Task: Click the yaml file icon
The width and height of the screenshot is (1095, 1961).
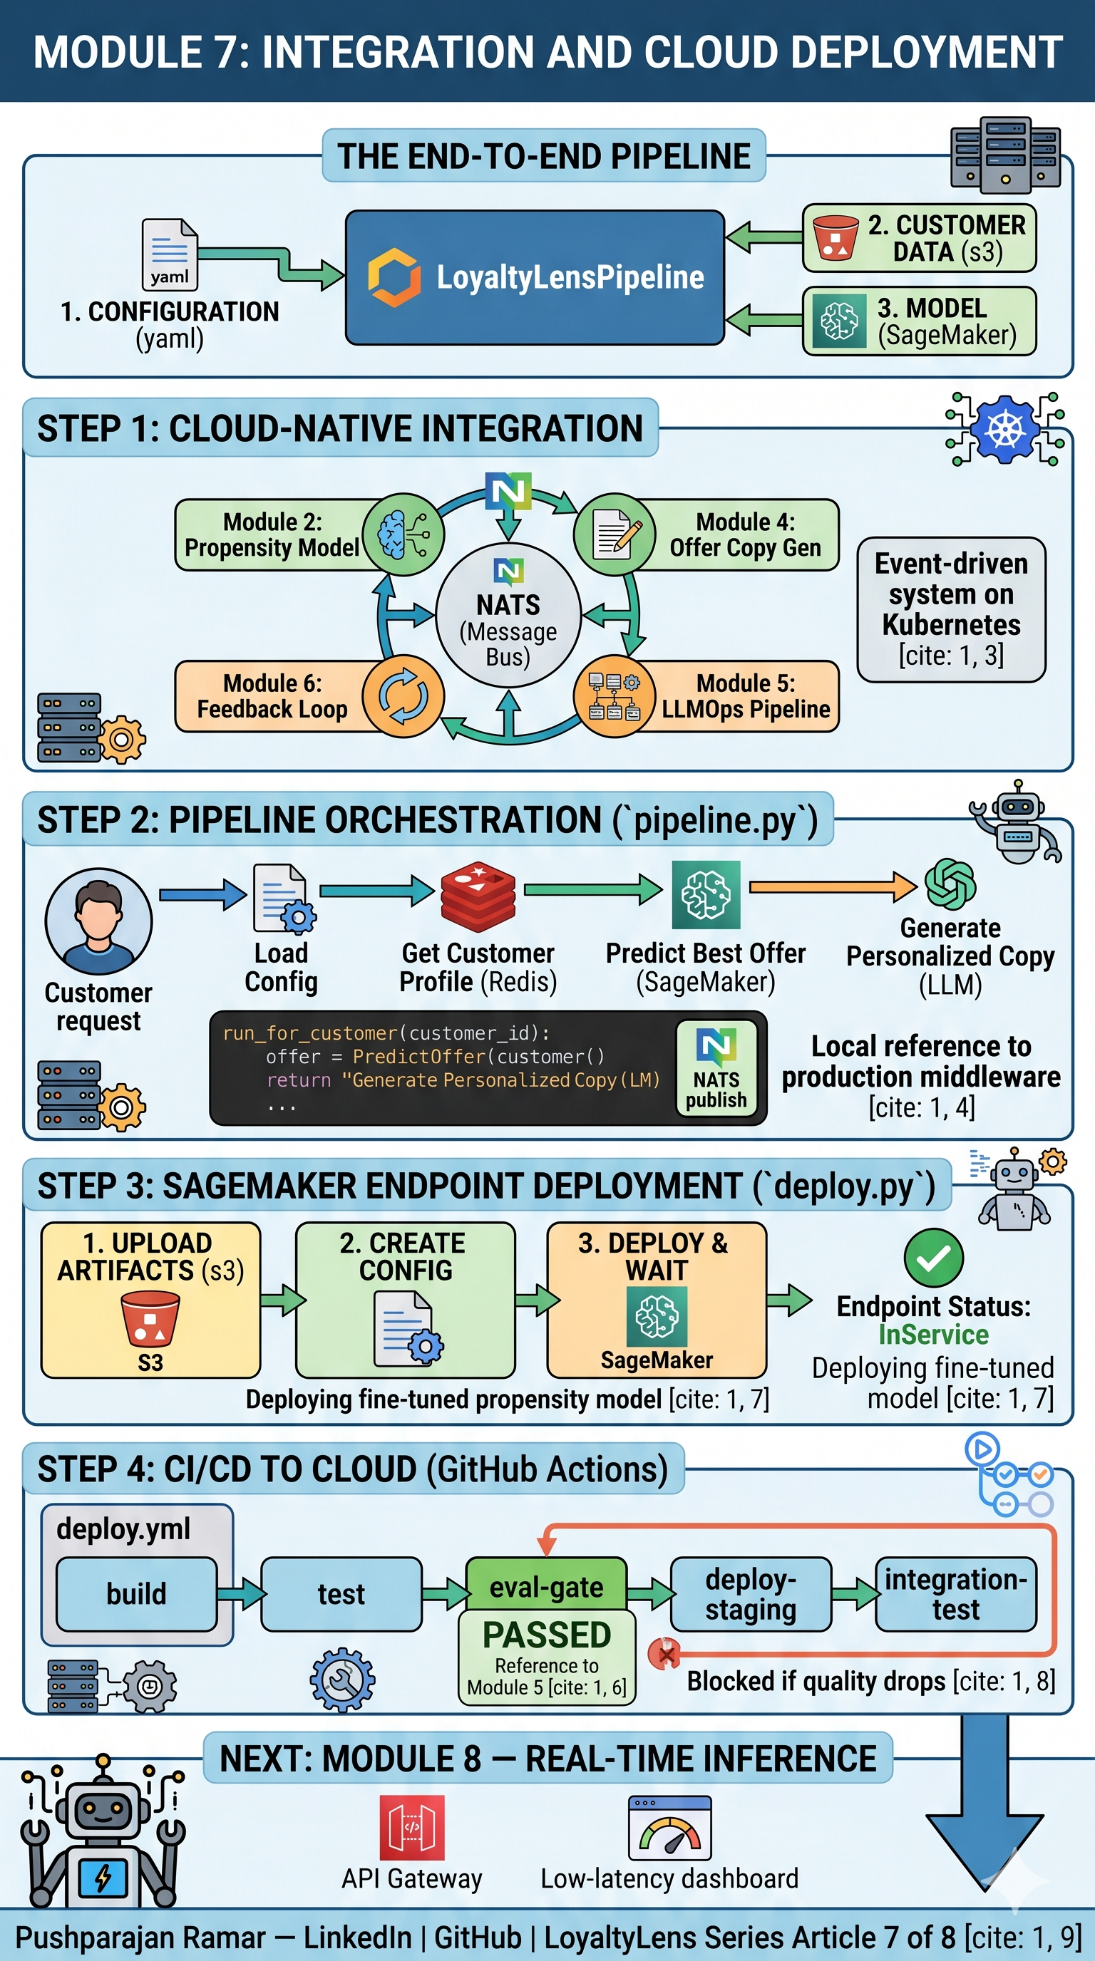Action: coord(169,254)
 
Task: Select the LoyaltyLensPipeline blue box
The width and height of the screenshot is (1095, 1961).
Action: coord(535,278)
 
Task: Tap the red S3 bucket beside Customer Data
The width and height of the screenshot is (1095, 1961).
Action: coord(836,238)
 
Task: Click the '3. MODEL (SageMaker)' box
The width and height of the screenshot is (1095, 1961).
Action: coord(919,321)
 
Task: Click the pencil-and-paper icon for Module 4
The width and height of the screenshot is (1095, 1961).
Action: coord(614,534)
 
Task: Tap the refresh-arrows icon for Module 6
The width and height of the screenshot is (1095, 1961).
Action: coord(403,695)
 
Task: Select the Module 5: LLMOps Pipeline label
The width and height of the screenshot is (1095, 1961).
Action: coord(745,695)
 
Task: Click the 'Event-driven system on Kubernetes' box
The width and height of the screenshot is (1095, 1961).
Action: coord(950,609)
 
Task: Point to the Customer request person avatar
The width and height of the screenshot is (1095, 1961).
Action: coord(98,921)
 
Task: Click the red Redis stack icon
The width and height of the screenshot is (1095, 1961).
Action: coord(478,896)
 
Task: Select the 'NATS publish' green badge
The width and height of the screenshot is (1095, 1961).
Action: coord(716,1068)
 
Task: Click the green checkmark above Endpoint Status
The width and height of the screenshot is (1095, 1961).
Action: coord(932,1258)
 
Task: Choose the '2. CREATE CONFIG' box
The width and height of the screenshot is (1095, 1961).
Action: coord(405,1300)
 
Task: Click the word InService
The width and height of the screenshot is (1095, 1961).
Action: coord(932,1335)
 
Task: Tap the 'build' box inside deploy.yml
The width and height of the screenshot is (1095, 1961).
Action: coord(136,1593)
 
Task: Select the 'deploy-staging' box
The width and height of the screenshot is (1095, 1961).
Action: coord(750,1593)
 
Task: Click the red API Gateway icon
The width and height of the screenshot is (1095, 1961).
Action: coord(412,1827)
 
